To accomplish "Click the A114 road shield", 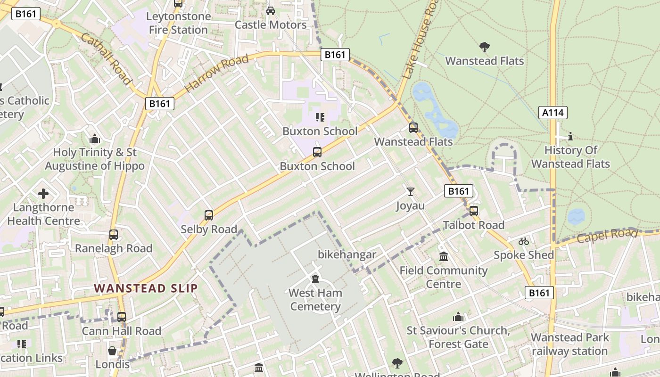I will point(553,112).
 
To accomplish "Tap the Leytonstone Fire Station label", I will point(178,23).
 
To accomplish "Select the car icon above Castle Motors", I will point(271,11).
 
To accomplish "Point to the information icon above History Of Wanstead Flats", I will point(570,137).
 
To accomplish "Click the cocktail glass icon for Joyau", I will point(411,191).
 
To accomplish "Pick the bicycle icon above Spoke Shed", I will point(523,241).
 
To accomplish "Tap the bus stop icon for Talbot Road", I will point(474,211).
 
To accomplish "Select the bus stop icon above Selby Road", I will point(209,215).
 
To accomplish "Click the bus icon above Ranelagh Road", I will point(114,234).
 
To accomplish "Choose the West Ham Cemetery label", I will point(315,300).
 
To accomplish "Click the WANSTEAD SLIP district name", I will point(146,288).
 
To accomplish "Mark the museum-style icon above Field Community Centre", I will point(444,257).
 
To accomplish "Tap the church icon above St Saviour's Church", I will point(458,317).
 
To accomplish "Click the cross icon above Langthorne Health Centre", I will point(43,194).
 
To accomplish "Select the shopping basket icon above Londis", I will point(112,351).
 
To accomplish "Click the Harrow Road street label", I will point(216,74).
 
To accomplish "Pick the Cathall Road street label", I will point(106,59).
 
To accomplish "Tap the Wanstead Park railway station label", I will point(570,344).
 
